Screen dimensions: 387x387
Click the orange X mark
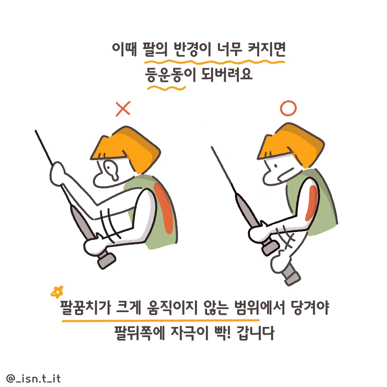click(x=123, y=109)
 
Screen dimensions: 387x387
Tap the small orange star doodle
click(x=57, y=292)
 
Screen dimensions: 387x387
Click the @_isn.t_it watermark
click(x=34, y=378)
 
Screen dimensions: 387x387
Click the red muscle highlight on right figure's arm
click(x=312, y=203)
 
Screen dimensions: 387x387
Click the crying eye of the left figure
click(x=111, y=169)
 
